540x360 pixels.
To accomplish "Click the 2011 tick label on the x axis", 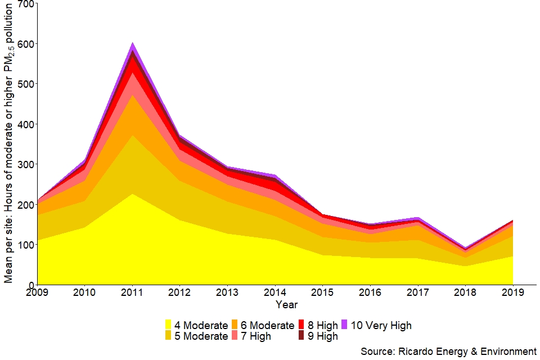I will [x=132, y=292].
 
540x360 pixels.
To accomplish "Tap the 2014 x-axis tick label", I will [x=275, y=292].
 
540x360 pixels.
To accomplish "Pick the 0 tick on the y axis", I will [x=30, y=285].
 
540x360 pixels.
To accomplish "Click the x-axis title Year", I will [x=286, y=305].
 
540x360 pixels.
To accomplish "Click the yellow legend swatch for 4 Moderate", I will [x=168, y=325].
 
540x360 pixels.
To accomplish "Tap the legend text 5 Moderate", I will [x=201, y=336].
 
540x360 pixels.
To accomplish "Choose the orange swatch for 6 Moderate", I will [x=234, y=325].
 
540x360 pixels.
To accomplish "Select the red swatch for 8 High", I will [x=301, y=325].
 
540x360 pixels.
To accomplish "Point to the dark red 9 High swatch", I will [x=301, y=336].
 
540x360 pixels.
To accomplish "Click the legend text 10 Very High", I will [x=381, y=325].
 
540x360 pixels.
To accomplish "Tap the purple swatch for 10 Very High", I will [x=344, y=325].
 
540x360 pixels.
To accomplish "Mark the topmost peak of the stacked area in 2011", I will [x=132, y=43].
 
